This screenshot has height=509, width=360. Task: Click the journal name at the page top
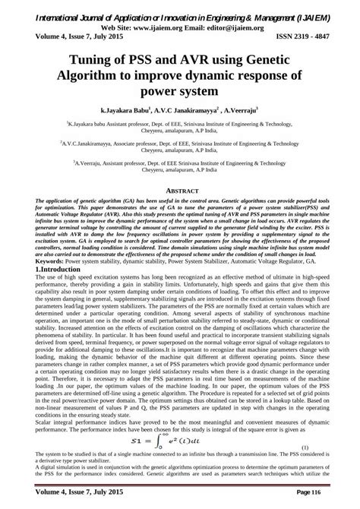point(180,9)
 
